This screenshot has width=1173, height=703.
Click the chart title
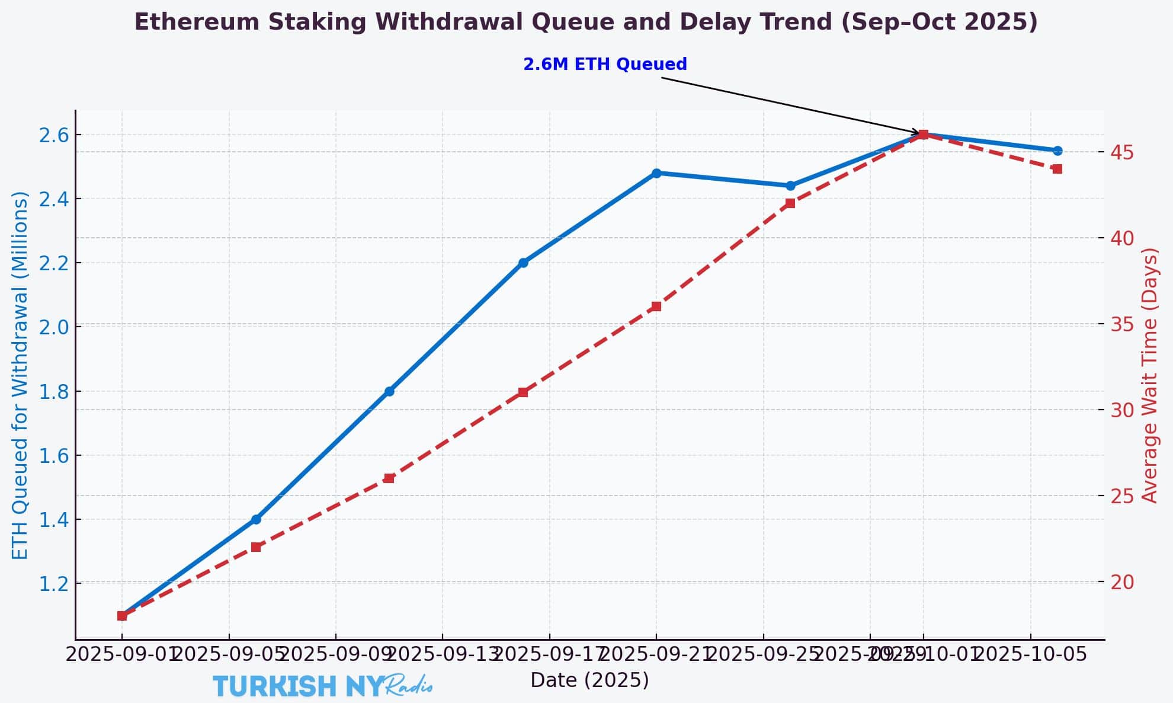586,23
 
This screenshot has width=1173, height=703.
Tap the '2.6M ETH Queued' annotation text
605,64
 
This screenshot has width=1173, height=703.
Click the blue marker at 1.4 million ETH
256,519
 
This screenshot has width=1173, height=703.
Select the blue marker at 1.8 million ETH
389,391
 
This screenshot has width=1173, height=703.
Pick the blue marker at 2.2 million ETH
523,263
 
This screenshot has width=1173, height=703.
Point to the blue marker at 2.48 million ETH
656,173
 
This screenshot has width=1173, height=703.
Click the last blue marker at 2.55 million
1057,151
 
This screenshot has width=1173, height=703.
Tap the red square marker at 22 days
256,547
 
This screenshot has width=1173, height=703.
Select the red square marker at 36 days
656,306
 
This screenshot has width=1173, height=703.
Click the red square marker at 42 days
790,203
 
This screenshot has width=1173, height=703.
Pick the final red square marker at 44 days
1057,169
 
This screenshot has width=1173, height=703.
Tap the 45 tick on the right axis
1122,153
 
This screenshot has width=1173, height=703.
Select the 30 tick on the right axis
1122,410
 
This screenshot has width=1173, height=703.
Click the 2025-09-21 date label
656,654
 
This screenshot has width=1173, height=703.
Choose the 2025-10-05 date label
1031,654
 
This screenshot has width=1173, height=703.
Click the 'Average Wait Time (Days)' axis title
1149,375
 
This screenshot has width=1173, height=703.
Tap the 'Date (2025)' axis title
589,680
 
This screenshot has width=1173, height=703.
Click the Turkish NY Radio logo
323,686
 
